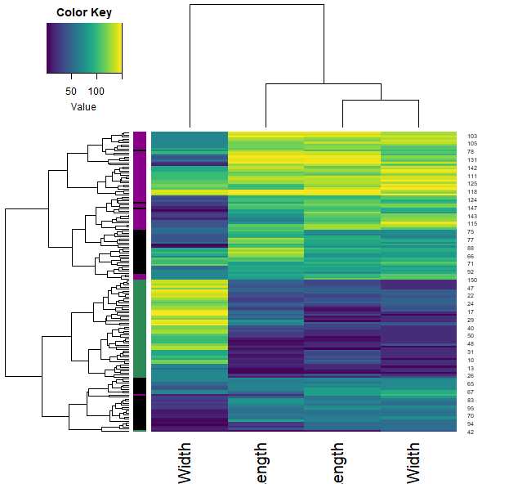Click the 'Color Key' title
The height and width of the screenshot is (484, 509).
tap(84, 12)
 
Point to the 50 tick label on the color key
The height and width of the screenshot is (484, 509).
tap(71, 90)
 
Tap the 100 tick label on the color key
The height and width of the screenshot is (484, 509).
tap(97, 90)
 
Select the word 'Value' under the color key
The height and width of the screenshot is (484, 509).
tap(83, 106)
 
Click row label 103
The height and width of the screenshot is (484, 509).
tap(471, 136)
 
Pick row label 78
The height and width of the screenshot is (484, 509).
tap(471, 152)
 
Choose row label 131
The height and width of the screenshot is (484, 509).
tap(471, 159)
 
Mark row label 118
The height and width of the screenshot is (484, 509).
tap(471, 191)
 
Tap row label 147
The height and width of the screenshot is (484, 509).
tap(471, 208)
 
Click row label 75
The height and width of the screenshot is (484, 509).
tap(471, 232)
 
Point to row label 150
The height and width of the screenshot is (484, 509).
tap(471, 280)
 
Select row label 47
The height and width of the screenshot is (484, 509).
tap(471, 288)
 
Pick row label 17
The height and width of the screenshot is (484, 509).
tap(471, 311)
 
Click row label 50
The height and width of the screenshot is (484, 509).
tap(471, 335)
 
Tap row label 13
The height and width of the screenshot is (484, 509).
tap(471, 368)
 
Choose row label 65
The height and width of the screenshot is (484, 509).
tap(471, 383)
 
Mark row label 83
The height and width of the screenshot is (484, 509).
tap(471, 400)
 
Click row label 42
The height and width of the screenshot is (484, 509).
tap(471, 432)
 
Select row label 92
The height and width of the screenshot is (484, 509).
tap(471, 271)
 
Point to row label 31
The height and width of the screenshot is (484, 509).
tap(471, 352)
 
